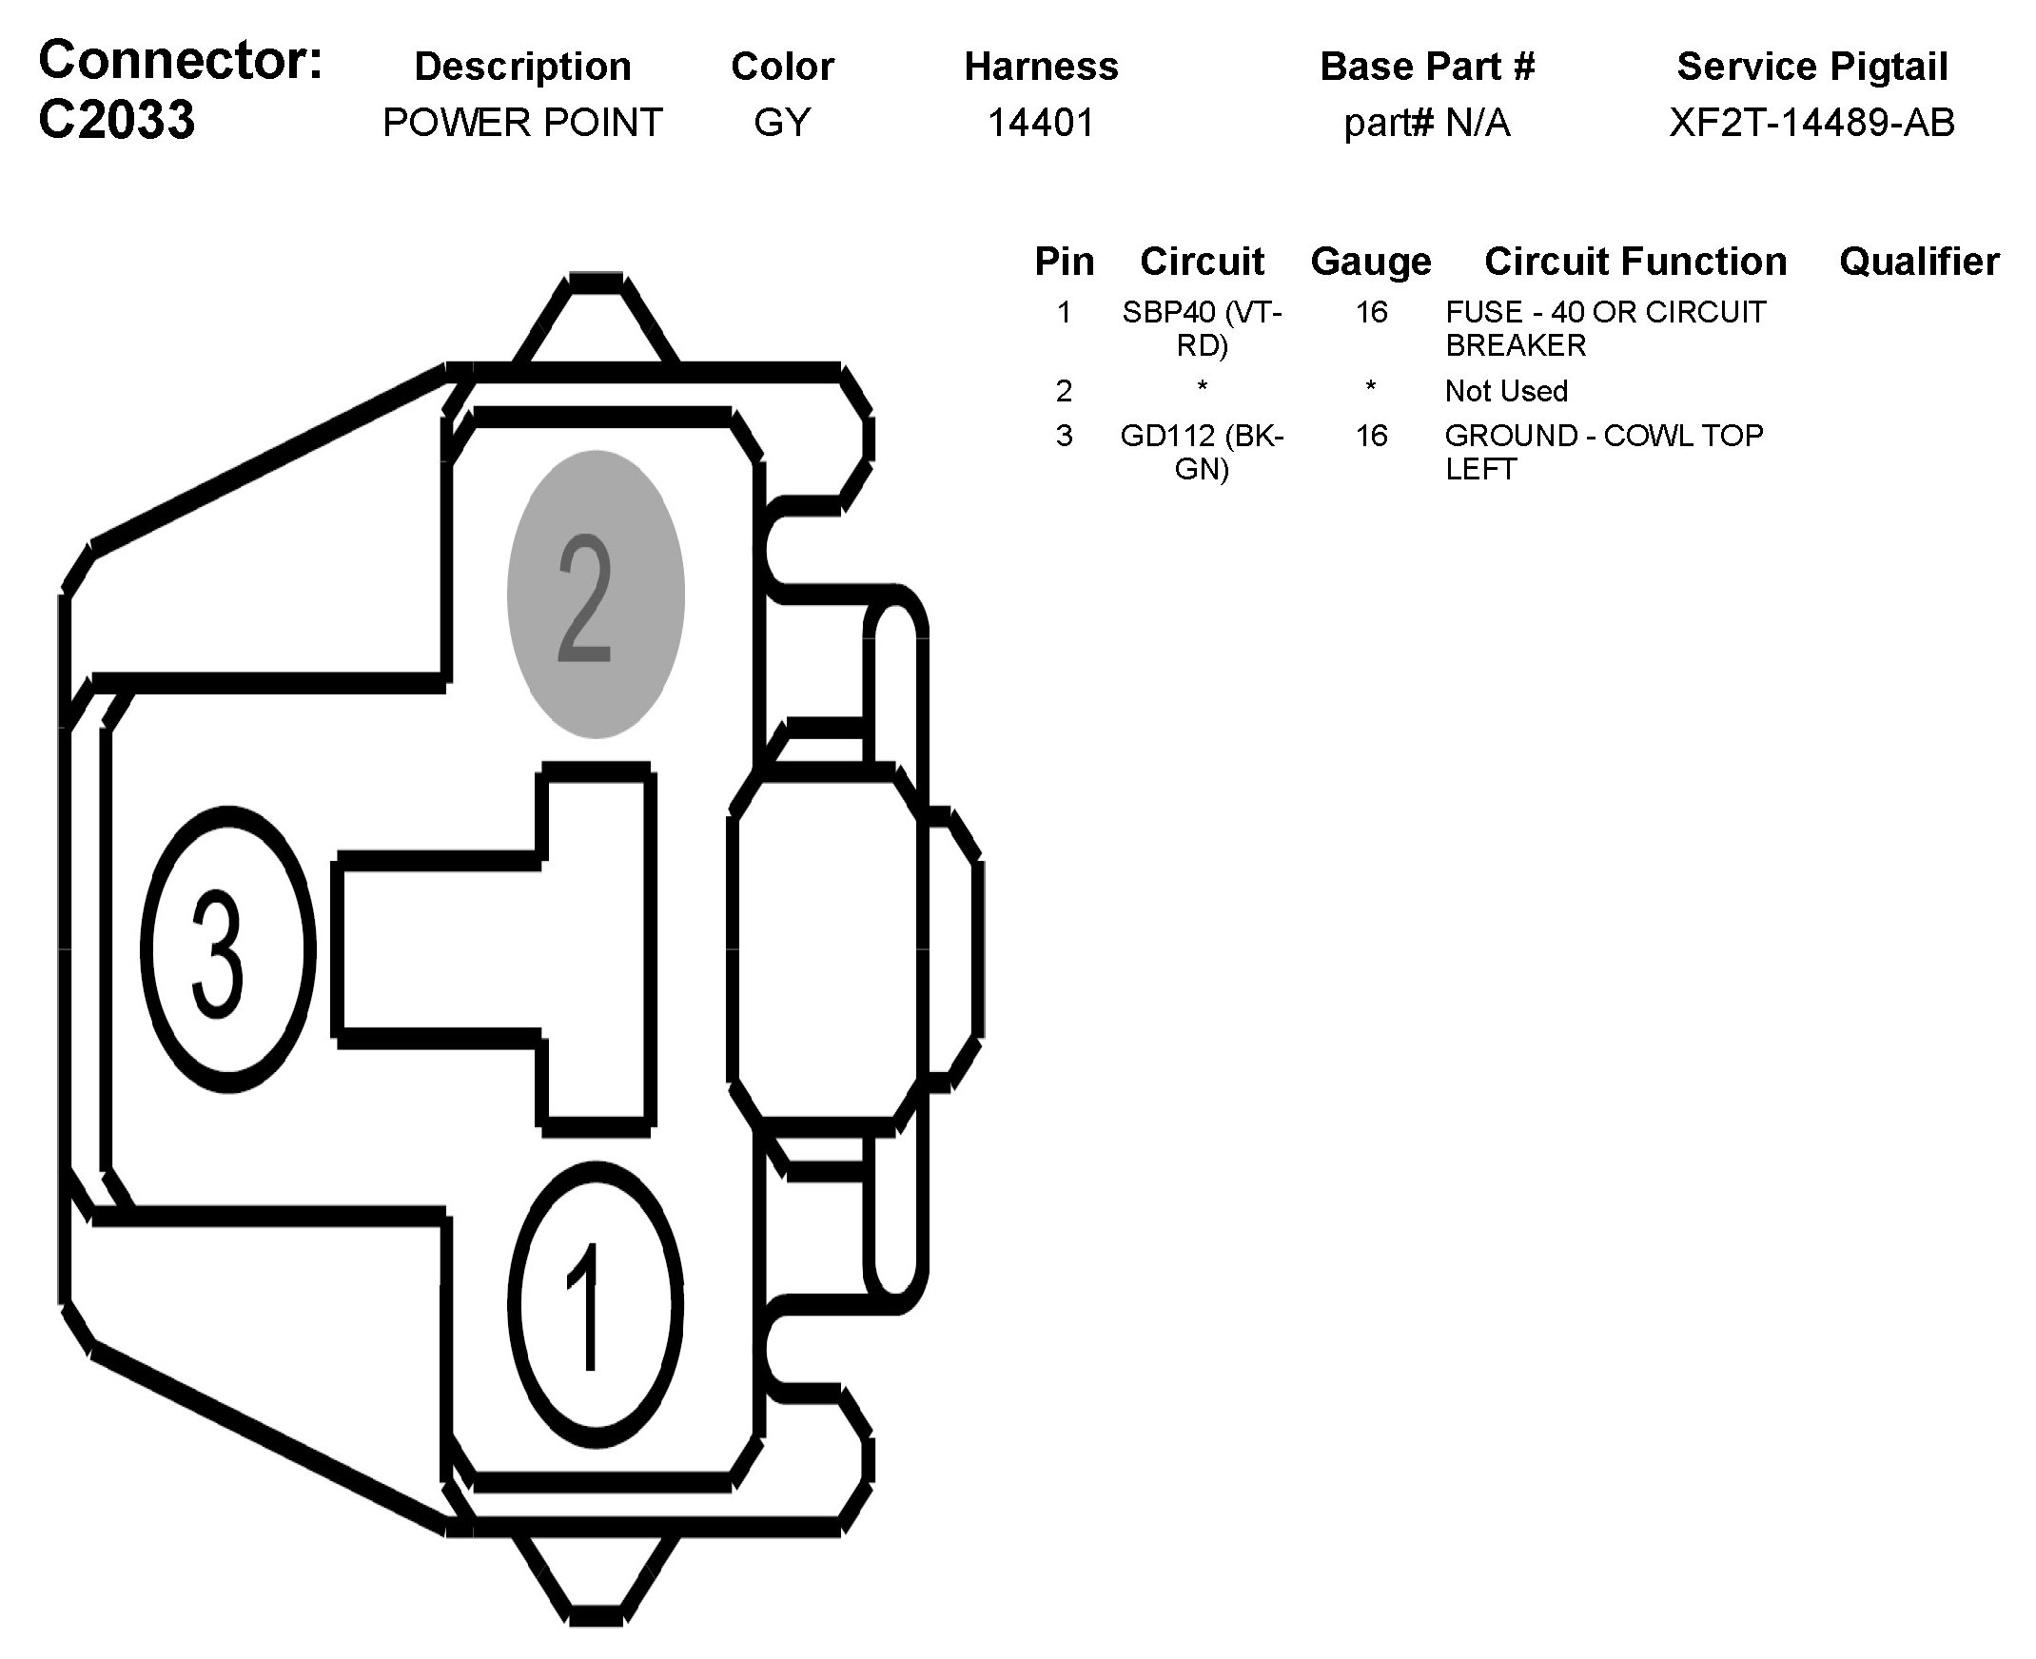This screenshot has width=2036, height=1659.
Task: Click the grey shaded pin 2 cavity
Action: point(596,595)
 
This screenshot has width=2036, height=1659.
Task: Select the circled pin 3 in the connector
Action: point(227,949)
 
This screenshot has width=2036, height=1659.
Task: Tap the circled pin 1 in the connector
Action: point(595,1304)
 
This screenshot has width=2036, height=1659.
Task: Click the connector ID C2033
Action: point(117,121)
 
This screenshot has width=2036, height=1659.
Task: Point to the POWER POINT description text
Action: point(522,123)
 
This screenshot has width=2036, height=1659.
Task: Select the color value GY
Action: point(782,123)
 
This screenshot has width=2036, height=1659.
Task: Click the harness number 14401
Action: point(1040,123)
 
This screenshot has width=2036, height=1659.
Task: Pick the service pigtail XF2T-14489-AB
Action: point(1811,123)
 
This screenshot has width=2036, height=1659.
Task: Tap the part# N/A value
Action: point(1426,123)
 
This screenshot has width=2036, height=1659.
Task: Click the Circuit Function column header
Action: point(1635,261)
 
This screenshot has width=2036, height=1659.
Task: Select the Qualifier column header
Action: point(1918,261)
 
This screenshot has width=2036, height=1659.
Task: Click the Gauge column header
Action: point(1371,261)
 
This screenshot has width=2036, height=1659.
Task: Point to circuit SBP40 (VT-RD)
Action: point(1202,328)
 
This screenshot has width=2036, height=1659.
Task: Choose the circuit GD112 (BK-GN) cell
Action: point(1202,452)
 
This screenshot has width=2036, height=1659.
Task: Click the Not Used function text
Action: point(1505,391)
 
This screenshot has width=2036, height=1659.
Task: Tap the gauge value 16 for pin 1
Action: point(1371,313)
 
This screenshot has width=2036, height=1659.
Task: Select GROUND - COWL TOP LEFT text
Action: point(1603,452)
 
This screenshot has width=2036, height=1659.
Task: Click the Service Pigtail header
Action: point(1811,66)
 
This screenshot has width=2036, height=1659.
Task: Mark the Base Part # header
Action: point(1426,66)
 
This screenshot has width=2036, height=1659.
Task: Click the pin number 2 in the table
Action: point(1064,391)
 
